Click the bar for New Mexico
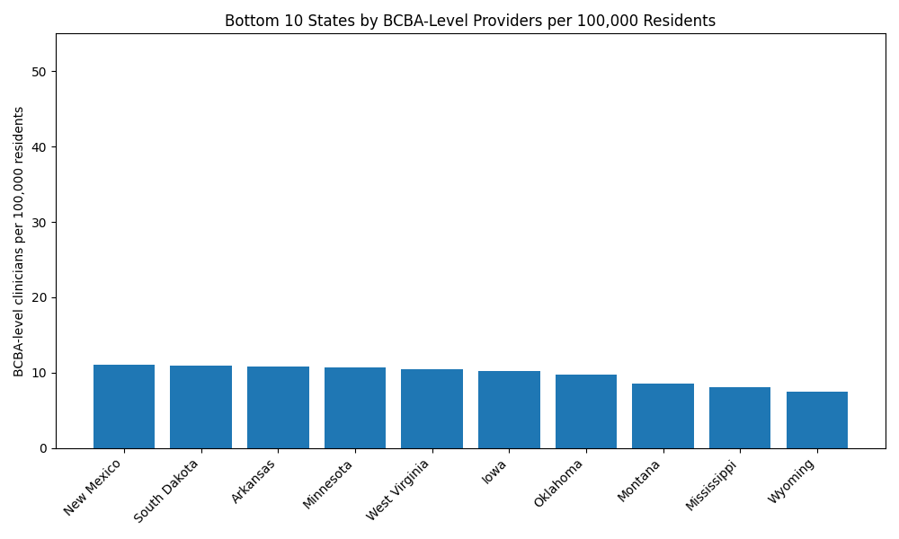pyautogui.click(x=124, y=406)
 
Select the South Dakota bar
pyautogui.click(x=200, y=407)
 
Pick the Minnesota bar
pyautogui.click(x=355, y=408)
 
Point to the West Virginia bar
pyautogui.click(x=432, y=409)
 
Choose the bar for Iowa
pyautogui.click(x=509, y=410)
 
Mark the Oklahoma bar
pyautogui.click(x=586, y=411)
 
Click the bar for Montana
pyautogui.click(x=663, y=416)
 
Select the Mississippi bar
pyautogui.click(x=740, y=418)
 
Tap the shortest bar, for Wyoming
pyautogui.click(x=817, y=420)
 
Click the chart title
pyautogui.click(x=470, y=21)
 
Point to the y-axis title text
pyautogui.click(x=19, y=241)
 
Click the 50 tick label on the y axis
pyautogui.click(x=40, y=72)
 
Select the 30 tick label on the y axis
pyautogui.click(x=40, y=223)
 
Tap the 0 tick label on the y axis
pyautogui.click(x=44, y=448)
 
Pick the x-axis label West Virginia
pyautogui.click(x=399, y=489)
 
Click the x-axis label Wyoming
pyautogui.click(x=792, y=482)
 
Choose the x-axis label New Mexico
pyautogui.click(x=93, y=486)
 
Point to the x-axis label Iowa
pyautogui.click(x=494, y=472)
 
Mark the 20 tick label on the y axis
pyautogui.click(x=40, y=298)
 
